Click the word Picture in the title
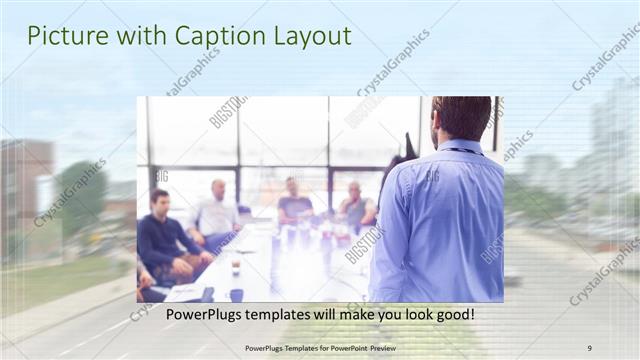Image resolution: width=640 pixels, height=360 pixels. [61, 36]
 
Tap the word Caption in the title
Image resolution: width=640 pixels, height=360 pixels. [213, 36]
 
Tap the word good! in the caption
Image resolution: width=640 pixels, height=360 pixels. [451, 315]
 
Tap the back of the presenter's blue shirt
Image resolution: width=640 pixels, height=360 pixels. [445, 220]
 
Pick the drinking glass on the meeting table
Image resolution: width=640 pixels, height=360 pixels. [236, 267]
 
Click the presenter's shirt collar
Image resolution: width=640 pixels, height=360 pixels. [462, 148]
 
